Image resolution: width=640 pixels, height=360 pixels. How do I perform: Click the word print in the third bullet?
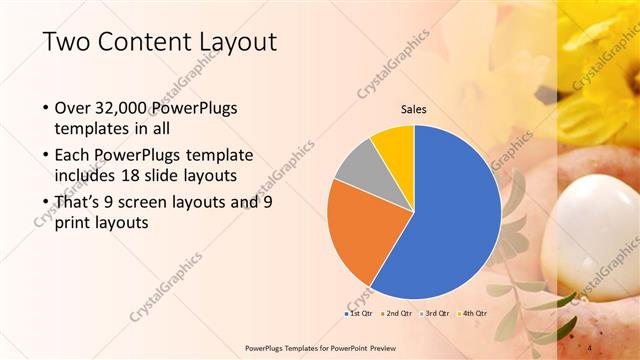(75, 224)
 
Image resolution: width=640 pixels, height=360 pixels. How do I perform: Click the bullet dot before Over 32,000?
(45, 108)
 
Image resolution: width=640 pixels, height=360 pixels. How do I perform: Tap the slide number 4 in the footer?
(590, 347)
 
